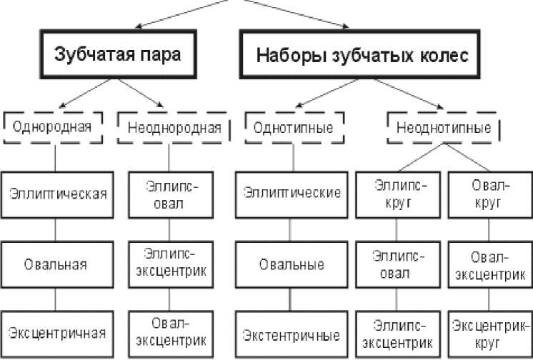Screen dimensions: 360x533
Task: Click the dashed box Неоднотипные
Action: [443, 129]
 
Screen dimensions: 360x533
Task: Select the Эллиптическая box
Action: [56, 194]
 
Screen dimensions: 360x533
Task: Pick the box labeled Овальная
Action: [56, 264]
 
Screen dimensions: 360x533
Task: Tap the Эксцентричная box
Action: [56, 332]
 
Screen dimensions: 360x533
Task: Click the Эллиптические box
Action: [292, 194]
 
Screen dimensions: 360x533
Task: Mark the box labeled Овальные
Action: [292, 264]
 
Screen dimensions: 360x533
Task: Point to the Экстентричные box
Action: [292, 334]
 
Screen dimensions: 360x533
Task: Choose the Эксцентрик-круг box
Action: [490, 333]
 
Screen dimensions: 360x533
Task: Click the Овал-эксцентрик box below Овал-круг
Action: [490, 265]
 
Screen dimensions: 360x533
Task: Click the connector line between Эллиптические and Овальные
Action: [292, 229]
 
